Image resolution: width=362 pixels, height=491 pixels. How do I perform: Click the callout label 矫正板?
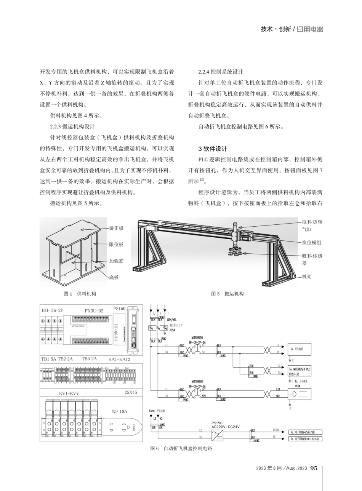pos(116,229)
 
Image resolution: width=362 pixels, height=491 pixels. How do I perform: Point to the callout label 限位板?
pos(116,244)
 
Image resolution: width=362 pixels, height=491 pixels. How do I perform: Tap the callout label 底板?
pos(114,277)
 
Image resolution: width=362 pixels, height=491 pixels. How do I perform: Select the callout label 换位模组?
pos(312,242)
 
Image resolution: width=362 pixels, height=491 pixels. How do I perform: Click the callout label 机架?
pos(307,277)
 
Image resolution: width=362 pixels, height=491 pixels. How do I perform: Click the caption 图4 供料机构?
pos(80,294)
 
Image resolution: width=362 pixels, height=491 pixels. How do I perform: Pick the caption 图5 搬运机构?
pos(227,294)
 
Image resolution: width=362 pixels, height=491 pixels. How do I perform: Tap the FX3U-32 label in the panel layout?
pos(94,311)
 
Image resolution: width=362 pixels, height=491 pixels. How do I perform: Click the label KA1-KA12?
pos(119,359)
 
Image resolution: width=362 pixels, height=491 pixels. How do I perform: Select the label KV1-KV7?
pos(69,393)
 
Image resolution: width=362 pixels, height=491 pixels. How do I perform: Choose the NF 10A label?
pos(120,411)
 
